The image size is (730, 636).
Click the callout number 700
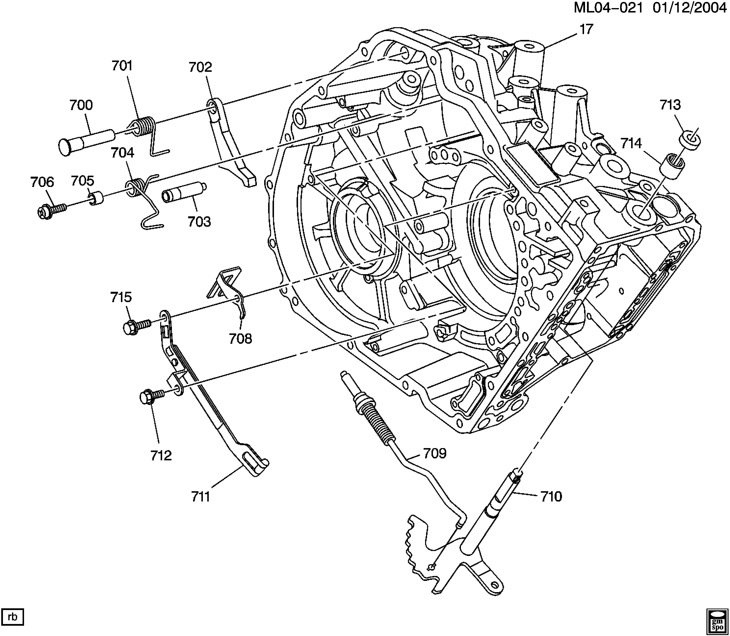tap(81, 105)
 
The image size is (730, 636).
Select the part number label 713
tap(670, 105)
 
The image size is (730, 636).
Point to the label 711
tap(201, 497)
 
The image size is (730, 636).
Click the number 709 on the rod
tap(435, 453)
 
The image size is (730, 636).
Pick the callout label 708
tap(240, 339)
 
